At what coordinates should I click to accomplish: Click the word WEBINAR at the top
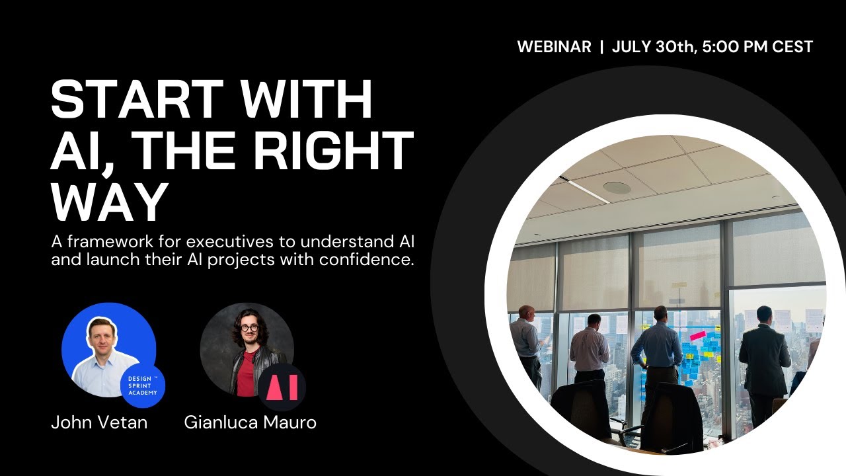point(554,47)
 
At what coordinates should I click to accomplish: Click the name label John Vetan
point(99,422)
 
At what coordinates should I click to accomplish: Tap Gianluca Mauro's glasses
point(249,327)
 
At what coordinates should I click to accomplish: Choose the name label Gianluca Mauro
point(250,422)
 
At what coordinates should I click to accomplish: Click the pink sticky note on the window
point(697,336)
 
